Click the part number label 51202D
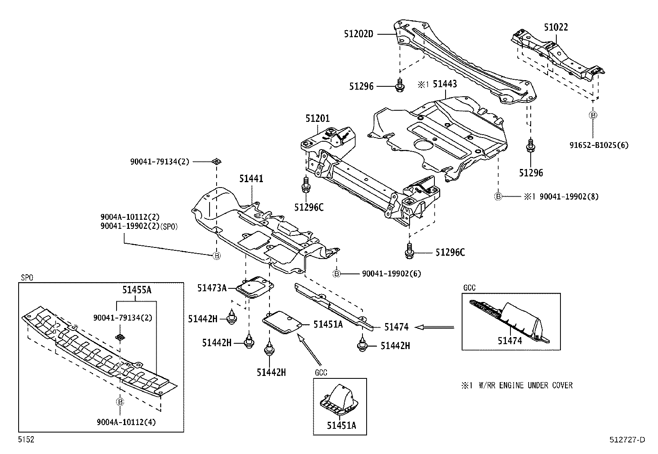click(x=358, y=34)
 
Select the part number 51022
click(x=555, y=27)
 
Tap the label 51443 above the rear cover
click(x=445, y=84)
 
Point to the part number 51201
click(x=317, y=119)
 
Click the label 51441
click(x=251, y=178)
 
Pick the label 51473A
click(x=212, y=288)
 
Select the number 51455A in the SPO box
click(x=136, y=290)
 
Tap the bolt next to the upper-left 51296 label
click(x=399, y=86)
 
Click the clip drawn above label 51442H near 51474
click(x=362, y=345)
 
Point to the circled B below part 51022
click(x=593, y=115)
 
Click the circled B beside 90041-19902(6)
click(x=337, y=273)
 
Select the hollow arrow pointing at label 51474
click(x=434, y=327)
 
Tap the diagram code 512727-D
click(x=627, y=440)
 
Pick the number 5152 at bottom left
click(x=26, y=440)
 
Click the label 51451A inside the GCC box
click(x=341, y=425)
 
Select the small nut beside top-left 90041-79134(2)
click(x=215, y=162)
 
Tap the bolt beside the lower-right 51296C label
click(x=410, y=252)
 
